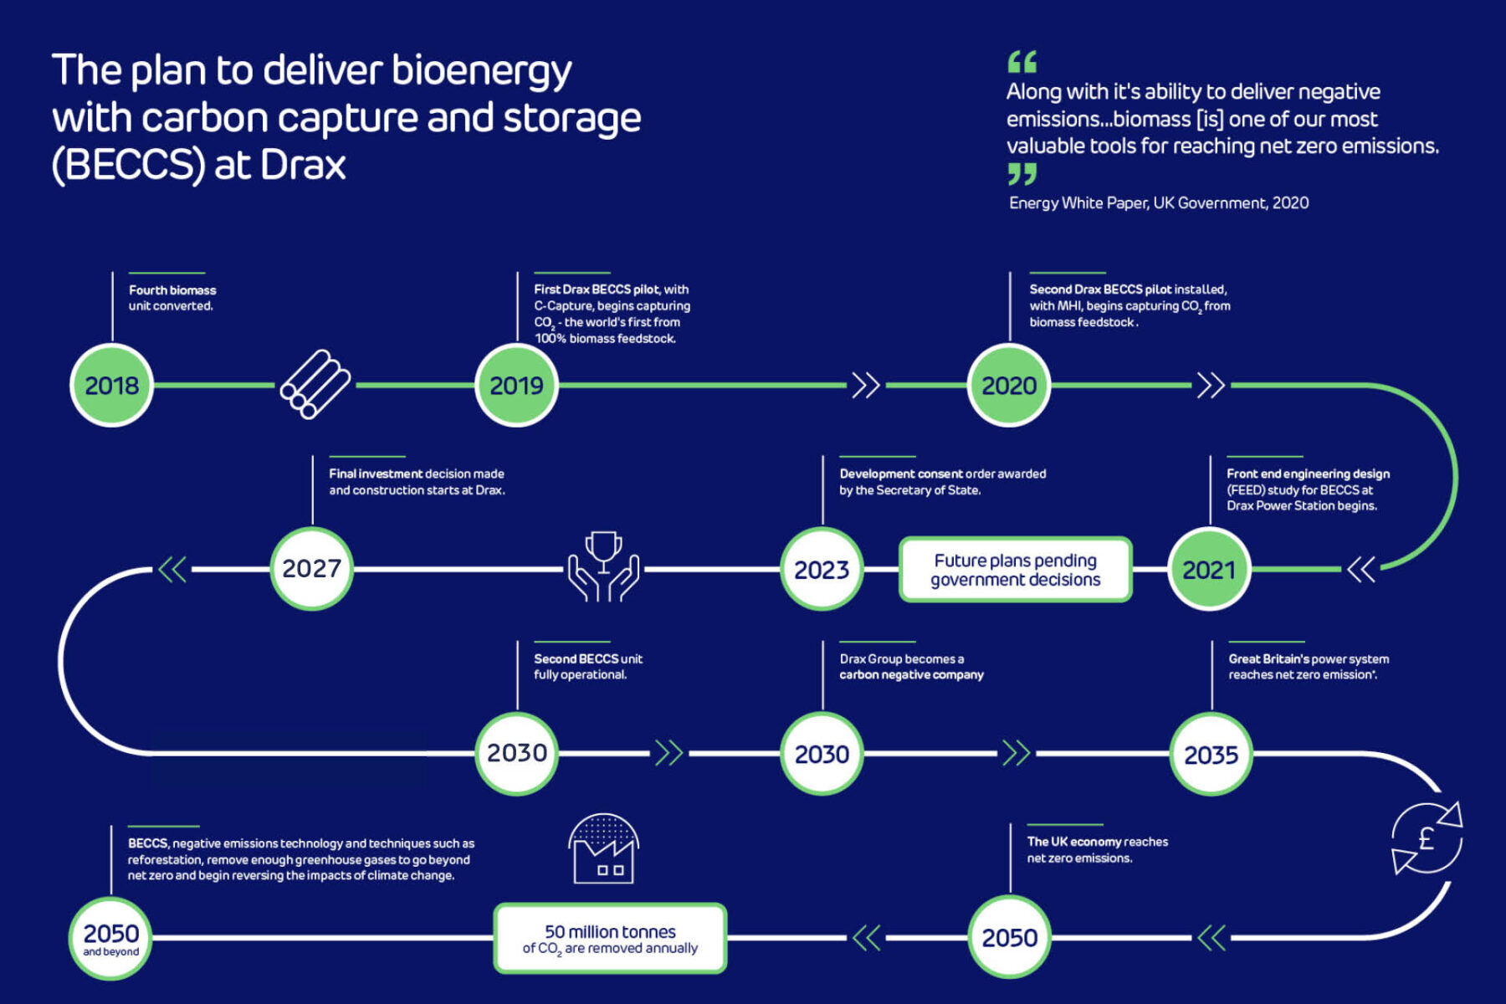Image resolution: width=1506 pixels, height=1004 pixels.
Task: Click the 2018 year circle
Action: [111, 385]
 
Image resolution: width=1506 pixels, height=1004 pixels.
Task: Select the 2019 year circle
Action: [516, 385]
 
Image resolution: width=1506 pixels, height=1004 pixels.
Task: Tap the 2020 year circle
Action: [1009, 385]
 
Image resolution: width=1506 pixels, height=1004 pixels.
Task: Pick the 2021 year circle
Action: [1209, 570]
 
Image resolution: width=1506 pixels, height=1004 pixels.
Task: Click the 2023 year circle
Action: [822, 570]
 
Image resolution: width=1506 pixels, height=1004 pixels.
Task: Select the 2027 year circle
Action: [311, 569]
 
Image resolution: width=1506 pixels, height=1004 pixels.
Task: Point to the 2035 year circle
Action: [1211, 755]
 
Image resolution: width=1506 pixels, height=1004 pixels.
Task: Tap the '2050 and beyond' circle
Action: [110, 938]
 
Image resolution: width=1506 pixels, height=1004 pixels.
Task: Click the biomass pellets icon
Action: [315, 384]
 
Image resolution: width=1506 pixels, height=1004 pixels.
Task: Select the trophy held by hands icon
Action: [603, 566]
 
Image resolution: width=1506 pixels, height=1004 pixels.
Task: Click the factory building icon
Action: [603, 849]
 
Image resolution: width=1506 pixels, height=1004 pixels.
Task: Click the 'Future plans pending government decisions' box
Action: [1015, 570]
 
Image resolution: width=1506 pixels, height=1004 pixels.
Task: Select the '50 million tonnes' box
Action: [610, 939]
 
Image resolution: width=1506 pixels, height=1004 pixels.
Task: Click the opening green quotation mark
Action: [1022, 61]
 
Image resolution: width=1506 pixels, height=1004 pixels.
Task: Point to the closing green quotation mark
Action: [1022, 174]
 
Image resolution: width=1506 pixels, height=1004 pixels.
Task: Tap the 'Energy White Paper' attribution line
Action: [1159, 203]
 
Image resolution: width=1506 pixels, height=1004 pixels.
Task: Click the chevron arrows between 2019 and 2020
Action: [866, 385]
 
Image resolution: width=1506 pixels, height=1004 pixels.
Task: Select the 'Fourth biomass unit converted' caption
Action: [172, 298]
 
